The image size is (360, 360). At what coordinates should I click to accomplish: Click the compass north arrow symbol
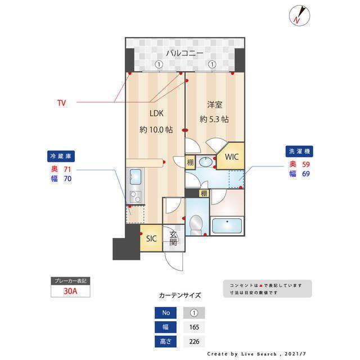299,15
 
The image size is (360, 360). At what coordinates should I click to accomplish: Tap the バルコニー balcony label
184,53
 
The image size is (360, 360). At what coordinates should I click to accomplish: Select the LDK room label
156,113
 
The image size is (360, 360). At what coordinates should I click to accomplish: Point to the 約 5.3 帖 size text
214,119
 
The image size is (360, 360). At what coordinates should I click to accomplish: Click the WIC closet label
232,157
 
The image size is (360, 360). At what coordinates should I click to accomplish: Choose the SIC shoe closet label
151,238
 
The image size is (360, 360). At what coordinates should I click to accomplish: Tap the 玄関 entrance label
173,238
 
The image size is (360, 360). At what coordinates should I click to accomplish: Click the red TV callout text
61,103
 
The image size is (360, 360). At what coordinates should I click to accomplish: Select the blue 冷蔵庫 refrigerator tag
61,156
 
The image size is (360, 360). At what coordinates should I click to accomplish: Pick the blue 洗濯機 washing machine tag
299,151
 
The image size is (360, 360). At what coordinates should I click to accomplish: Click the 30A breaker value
70,291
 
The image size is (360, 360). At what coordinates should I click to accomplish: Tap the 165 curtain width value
194,327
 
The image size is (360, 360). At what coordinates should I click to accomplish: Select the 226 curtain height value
194,341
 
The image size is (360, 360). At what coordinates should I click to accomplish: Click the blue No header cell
165,313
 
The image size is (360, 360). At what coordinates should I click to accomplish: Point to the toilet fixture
196,224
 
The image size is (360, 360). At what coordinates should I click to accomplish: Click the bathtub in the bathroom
227,226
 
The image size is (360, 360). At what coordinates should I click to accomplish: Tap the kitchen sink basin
136,177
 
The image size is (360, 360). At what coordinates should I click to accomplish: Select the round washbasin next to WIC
206,162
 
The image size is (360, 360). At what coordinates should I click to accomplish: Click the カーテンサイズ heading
180,295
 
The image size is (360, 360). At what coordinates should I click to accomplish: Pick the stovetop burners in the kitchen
136,197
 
